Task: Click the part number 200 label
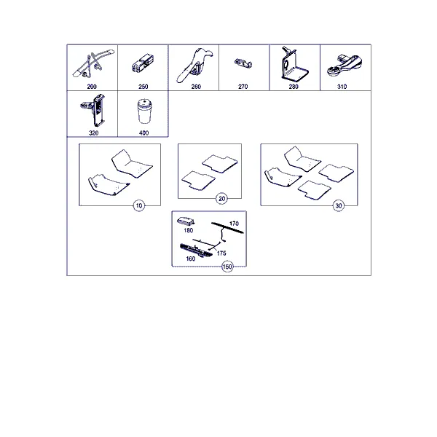(92, 87)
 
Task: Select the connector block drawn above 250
(143, 64)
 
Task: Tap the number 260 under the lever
(196, 87)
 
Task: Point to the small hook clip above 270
(243, 63)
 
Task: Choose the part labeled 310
(345, 66)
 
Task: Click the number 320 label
(93, 133)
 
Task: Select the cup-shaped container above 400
(144, 111)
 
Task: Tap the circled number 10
(139, 205)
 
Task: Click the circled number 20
(221, 199)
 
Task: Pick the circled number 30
(339, 205)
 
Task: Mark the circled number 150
(227, 267)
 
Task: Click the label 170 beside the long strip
(234, 224)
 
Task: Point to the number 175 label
(221, 253)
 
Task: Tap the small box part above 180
(186, 221)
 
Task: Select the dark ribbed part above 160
(196, 250)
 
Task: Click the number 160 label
(190, 259)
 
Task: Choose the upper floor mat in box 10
(132, 164)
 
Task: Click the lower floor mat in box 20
(198, 181)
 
